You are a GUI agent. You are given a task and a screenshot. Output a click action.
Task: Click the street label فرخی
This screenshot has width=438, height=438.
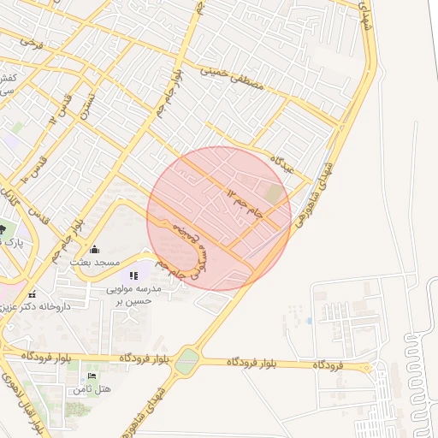32,39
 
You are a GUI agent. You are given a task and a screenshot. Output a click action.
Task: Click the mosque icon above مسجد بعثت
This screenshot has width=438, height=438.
94,249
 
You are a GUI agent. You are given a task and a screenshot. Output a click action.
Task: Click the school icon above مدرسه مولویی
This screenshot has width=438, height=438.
133,275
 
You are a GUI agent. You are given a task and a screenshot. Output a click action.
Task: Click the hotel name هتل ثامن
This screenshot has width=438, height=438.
92,389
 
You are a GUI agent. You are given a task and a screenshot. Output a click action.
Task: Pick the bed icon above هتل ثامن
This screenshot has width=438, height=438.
92,376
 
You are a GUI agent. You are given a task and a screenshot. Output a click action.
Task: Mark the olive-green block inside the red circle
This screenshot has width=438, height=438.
274,194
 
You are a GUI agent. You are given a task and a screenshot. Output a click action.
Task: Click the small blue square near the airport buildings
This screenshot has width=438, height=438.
309,321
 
